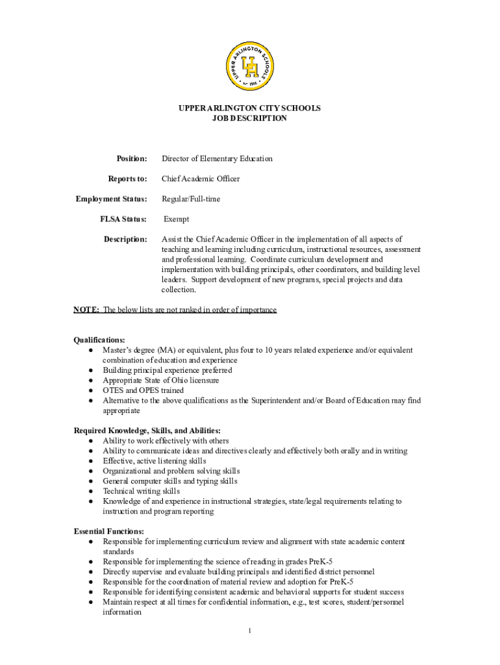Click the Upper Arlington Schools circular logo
249,66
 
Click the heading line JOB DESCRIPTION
249,119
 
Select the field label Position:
132,158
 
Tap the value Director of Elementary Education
217,158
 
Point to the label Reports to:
127,179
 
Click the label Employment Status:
111,199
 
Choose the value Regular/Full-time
191,199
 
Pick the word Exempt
177,220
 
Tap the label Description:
125,240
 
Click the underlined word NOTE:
86,310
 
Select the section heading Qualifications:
99,340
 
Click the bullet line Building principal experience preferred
167,370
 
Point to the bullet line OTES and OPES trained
143,390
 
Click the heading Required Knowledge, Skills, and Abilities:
147,431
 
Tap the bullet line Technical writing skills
141,492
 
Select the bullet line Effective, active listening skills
158,461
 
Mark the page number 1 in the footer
249,632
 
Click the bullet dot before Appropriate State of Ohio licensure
90,381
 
